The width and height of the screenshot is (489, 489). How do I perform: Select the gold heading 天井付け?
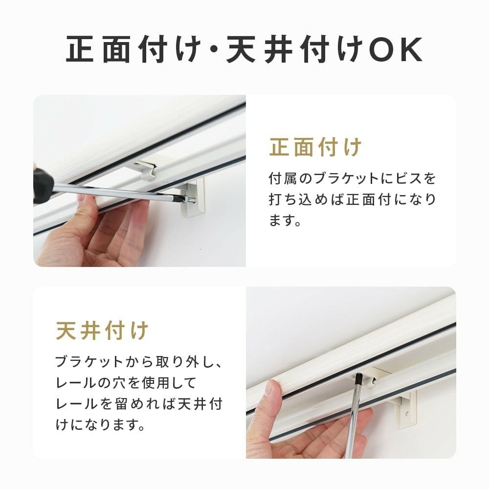(x=102, y=331)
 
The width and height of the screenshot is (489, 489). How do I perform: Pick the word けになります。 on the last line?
(x=100, y=424)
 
